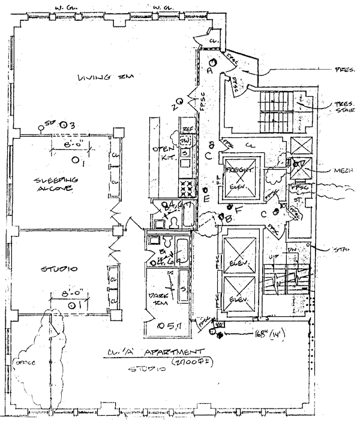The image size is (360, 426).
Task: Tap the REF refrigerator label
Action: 187,129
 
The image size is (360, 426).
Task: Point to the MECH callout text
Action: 345,170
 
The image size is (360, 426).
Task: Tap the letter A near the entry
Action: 210,70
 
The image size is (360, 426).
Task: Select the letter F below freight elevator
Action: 238,209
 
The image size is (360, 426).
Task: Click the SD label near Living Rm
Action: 50,124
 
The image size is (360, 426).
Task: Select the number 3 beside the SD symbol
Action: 71,125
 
